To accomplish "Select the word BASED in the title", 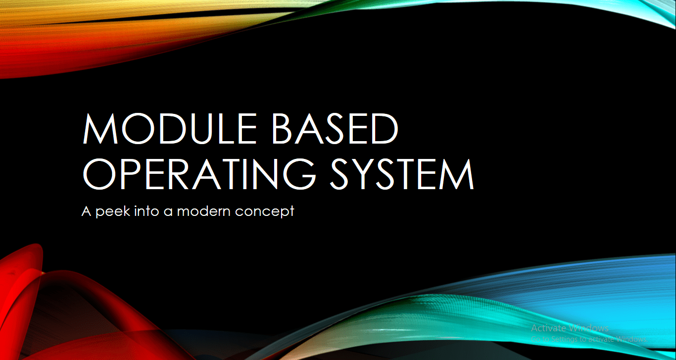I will click(x=335, y=129).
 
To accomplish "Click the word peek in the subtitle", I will click(x=111, y=211).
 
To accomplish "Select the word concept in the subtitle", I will click(x=265, y=212).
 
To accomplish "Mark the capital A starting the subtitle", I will click(x=87, y=211).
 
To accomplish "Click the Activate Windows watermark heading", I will click(x=570, y=328).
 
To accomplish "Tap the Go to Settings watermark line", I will click(x=588, y=339).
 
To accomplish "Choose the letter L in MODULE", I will click(x=221, y=129).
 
